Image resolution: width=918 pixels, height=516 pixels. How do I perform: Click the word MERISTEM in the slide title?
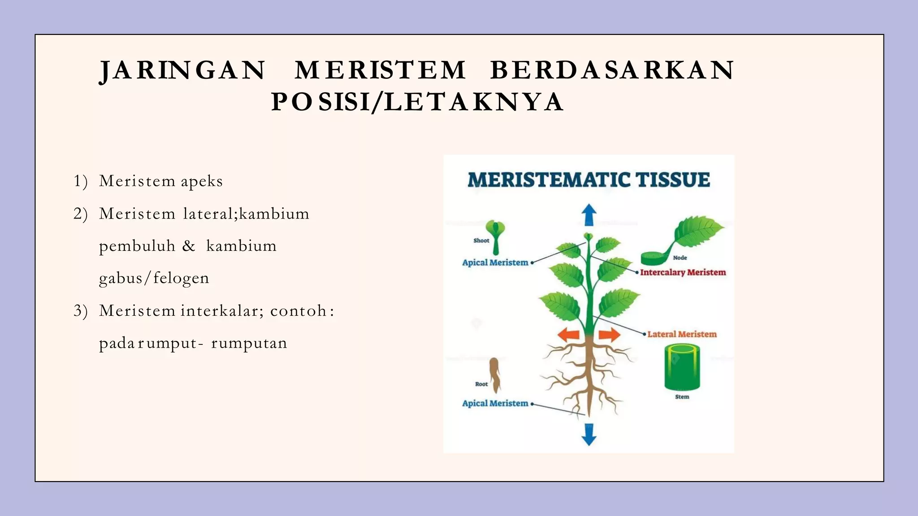[x=380, y=70]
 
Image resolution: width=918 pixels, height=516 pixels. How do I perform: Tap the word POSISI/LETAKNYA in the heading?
[x=417, y=102]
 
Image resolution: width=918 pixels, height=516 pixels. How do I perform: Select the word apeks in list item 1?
[x=202, y=181]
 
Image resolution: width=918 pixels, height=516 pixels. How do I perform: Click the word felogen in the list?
[x=181, y=279]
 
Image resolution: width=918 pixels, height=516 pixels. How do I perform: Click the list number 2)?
[x=81, y=214]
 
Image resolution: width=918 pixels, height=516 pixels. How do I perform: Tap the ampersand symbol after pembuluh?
[x=189, y=246]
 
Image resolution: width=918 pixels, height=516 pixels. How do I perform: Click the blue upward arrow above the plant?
[x=589, y=215]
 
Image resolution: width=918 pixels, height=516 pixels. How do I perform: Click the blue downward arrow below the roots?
[x=589, y=434]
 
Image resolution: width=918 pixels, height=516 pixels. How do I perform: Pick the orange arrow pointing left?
[x=568, y=334]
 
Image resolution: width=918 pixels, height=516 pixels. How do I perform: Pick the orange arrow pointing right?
[x=610, y=334]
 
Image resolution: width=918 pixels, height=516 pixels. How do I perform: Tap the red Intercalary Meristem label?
[x=682, y=272]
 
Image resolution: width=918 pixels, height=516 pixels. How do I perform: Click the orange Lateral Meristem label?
[x=682, y=334]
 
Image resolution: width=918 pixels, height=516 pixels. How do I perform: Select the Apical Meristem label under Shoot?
[x=495, y=263]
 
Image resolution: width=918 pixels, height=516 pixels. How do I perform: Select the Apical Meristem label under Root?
[x=495, y=404]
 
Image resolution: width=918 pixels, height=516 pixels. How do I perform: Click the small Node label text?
[x=680, y=258]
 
